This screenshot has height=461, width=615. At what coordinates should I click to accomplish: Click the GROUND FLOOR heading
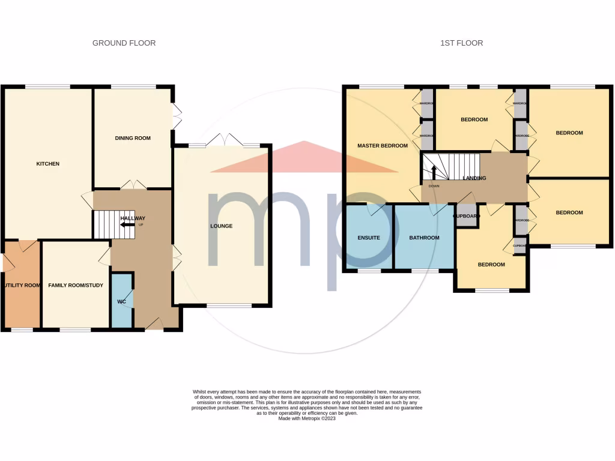point(124,43)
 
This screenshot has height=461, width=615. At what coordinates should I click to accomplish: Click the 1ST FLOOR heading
point(461,43)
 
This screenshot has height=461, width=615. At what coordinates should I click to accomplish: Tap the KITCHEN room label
point(48,164)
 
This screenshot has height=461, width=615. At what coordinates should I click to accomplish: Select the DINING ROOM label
point(133,138)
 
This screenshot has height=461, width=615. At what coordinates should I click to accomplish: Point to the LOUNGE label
point(221,226)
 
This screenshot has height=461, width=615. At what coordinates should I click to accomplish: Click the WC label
point(121,301)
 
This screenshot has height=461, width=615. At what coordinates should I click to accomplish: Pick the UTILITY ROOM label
point(22,286)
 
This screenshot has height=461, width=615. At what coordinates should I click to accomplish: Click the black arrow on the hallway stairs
point(127,224)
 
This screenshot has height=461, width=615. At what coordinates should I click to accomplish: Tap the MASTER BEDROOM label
point(383,146)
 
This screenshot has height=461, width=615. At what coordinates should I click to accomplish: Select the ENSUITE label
point(369,238)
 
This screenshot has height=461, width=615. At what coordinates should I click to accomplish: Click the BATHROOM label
point(424,238)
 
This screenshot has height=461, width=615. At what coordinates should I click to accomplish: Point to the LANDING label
point(474,178)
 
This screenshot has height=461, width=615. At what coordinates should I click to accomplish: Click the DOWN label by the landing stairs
point(434,186)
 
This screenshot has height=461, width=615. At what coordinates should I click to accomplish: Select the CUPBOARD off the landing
point(467,216)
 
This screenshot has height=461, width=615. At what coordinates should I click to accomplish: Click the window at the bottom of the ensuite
point(369,271)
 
